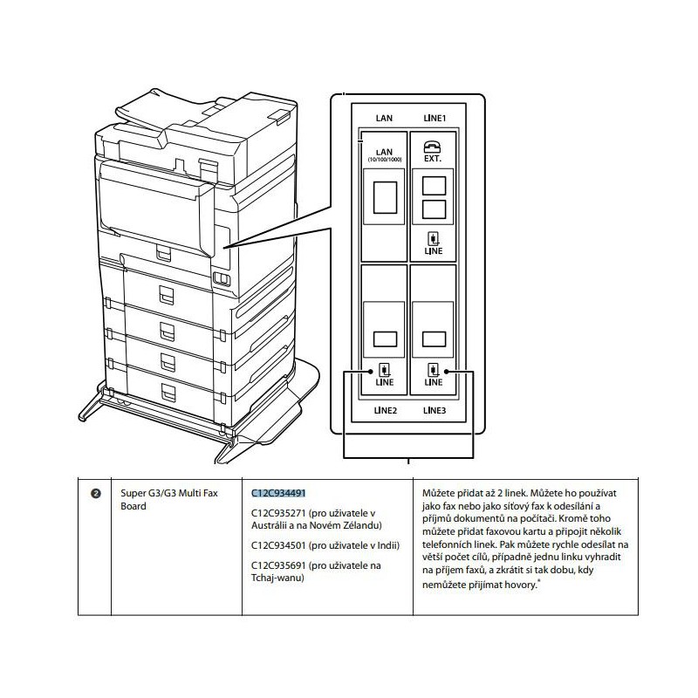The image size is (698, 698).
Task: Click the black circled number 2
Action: (x=96, y=494)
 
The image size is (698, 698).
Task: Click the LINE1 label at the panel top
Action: (x=435, y=117)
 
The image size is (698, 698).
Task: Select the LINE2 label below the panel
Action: (x=385, y=408)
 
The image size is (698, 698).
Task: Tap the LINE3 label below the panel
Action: (x=435, y=408)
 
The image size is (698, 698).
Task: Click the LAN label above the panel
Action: (x=385, y=117)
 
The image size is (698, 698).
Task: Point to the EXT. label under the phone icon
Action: (x=434, y=161)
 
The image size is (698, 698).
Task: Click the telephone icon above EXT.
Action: (x=434, y=146)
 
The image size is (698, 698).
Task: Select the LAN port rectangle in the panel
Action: (x=385, y=198)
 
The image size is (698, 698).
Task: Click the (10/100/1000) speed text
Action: (x=385, y=161)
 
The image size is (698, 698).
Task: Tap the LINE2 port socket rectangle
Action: (x=385, y=338)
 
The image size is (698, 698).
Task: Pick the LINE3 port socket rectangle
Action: (x=434, y=338)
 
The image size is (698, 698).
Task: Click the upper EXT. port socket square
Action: (x=434, y=186)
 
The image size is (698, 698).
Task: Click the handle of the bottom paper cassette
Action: (x=165, y=390)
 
